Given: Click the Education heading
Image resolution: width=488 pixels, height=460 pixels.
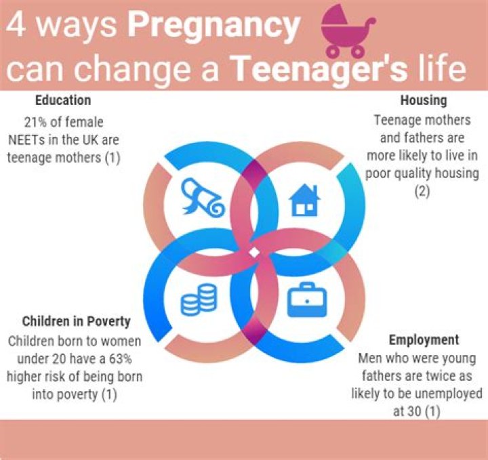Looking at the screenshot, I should point(63,100).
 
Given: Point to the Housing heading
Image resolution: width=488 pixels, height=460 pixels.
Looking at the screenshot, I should point(423,100).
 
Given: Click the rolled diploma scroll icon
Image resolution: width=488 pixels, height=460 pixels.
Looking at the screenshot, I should point(201,196).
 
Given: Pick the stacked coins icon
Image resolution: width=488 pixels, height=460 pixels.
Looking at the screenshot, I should point(199,301).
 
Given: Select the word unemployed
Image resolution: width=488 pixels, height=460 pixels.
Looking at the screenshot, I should point(449,393).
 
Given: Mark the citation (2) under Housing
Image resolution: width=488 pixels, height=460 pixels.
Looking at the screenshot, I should point(422,192).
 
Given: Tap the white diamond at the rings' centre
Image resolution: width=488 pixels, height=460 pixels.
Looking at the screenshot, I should point(253,252).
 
